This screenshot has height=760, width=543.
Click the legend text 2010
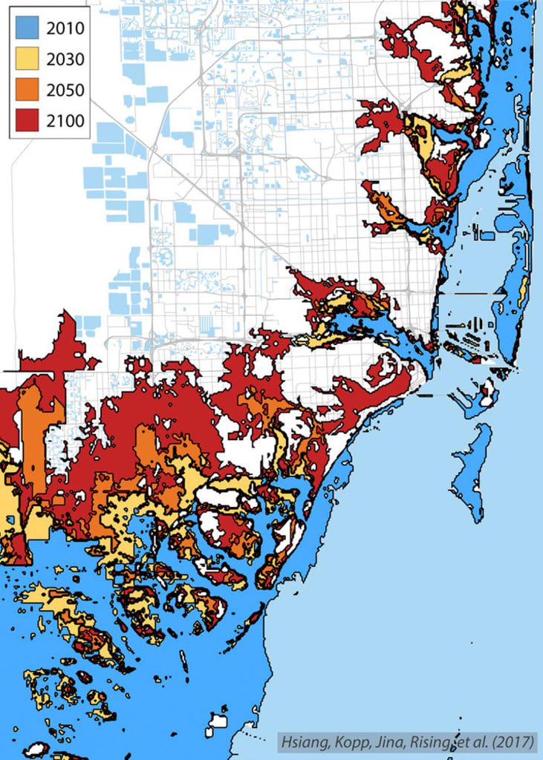(65, 28)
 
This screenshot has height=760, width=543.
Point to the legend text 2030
(65, 59)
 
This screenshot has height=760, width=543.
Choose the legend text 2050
(65, 90)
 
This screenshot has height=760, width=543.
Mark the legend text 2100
(65, 120)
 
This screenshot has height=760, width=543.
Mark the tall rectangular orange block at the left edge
(32, 430)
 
